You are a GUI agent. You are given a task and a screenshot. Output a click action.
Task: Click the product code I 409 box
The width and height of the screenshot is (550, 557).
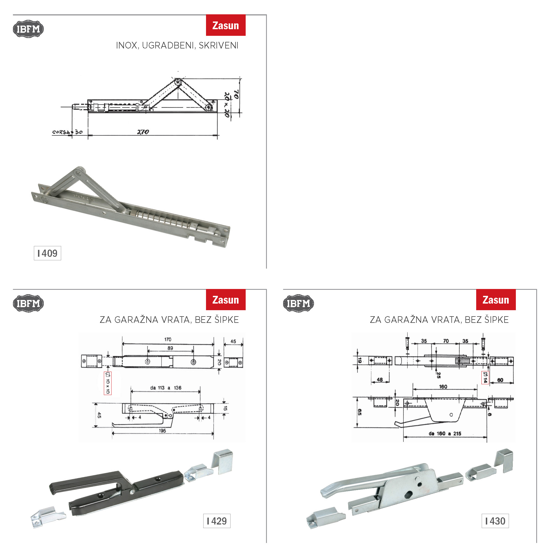[x=47, y=253]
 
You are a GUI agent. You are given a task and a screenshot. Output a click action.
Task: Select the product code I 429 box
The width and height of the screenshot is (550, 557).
[x=216, y=521]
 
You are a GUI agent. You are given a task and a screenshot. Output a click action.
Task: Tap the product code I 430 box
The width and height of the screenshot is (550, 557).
[x=495, y=521]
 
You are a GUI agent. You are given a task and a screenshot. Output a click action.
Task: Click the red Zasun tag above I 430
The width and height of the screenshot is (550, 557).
[x=495, y=299]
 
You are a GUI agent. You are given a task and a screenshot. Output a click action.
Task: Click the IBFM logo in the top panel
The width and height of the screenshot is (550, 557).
[x=28, y=29]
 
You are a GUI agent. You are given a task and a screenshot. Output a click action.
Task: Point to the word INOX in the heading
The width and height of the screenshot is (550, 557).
[x=126, y=45]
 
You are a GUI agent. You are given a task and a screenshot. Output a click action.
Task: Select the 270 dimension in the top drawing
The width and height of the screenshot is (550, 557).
[x=143, y=132]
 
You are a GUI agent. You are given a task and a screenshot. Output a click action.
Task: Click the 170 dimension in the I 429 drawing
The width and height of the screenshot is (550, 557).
[x=168, y=339]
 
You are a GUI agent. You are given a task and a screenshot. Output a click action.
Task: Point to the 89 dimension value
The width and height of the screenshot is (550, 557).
[x=170, y=348]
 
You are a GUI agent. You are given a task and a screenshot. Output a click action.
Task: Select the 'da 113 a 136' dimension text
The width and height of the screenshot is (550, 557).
[x=166, y=388]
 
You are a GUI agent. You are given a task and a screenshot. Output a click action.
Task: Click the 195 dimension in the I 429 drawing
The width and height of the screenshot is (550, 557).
[x=162, y=431]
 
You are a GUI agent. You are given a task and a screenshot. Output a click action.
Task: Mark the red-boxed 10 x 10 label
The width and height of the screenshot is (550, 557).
[x=107, y=383]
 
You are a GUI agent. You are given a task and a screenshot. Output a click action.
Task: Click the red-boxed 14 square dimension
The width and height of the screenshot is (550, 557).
[x=485, y=377]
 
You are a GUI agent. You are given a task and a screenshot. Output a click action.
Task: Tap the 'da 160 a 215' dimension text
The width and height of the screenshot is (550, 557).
[x=445, y=434]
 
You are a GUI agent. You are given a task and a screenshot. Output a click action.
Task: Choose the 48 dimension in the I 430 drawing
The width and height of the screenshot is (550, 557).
[x=380, y=380]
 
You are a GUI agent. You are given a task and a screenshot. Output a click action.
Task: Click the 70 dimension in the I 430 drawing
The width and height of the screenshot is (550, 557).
[x=446, y=341]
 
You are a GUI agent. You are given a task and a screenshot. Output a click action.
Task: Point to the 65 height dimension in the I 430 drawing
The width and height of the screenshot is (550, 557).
[x=359, y=412]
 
